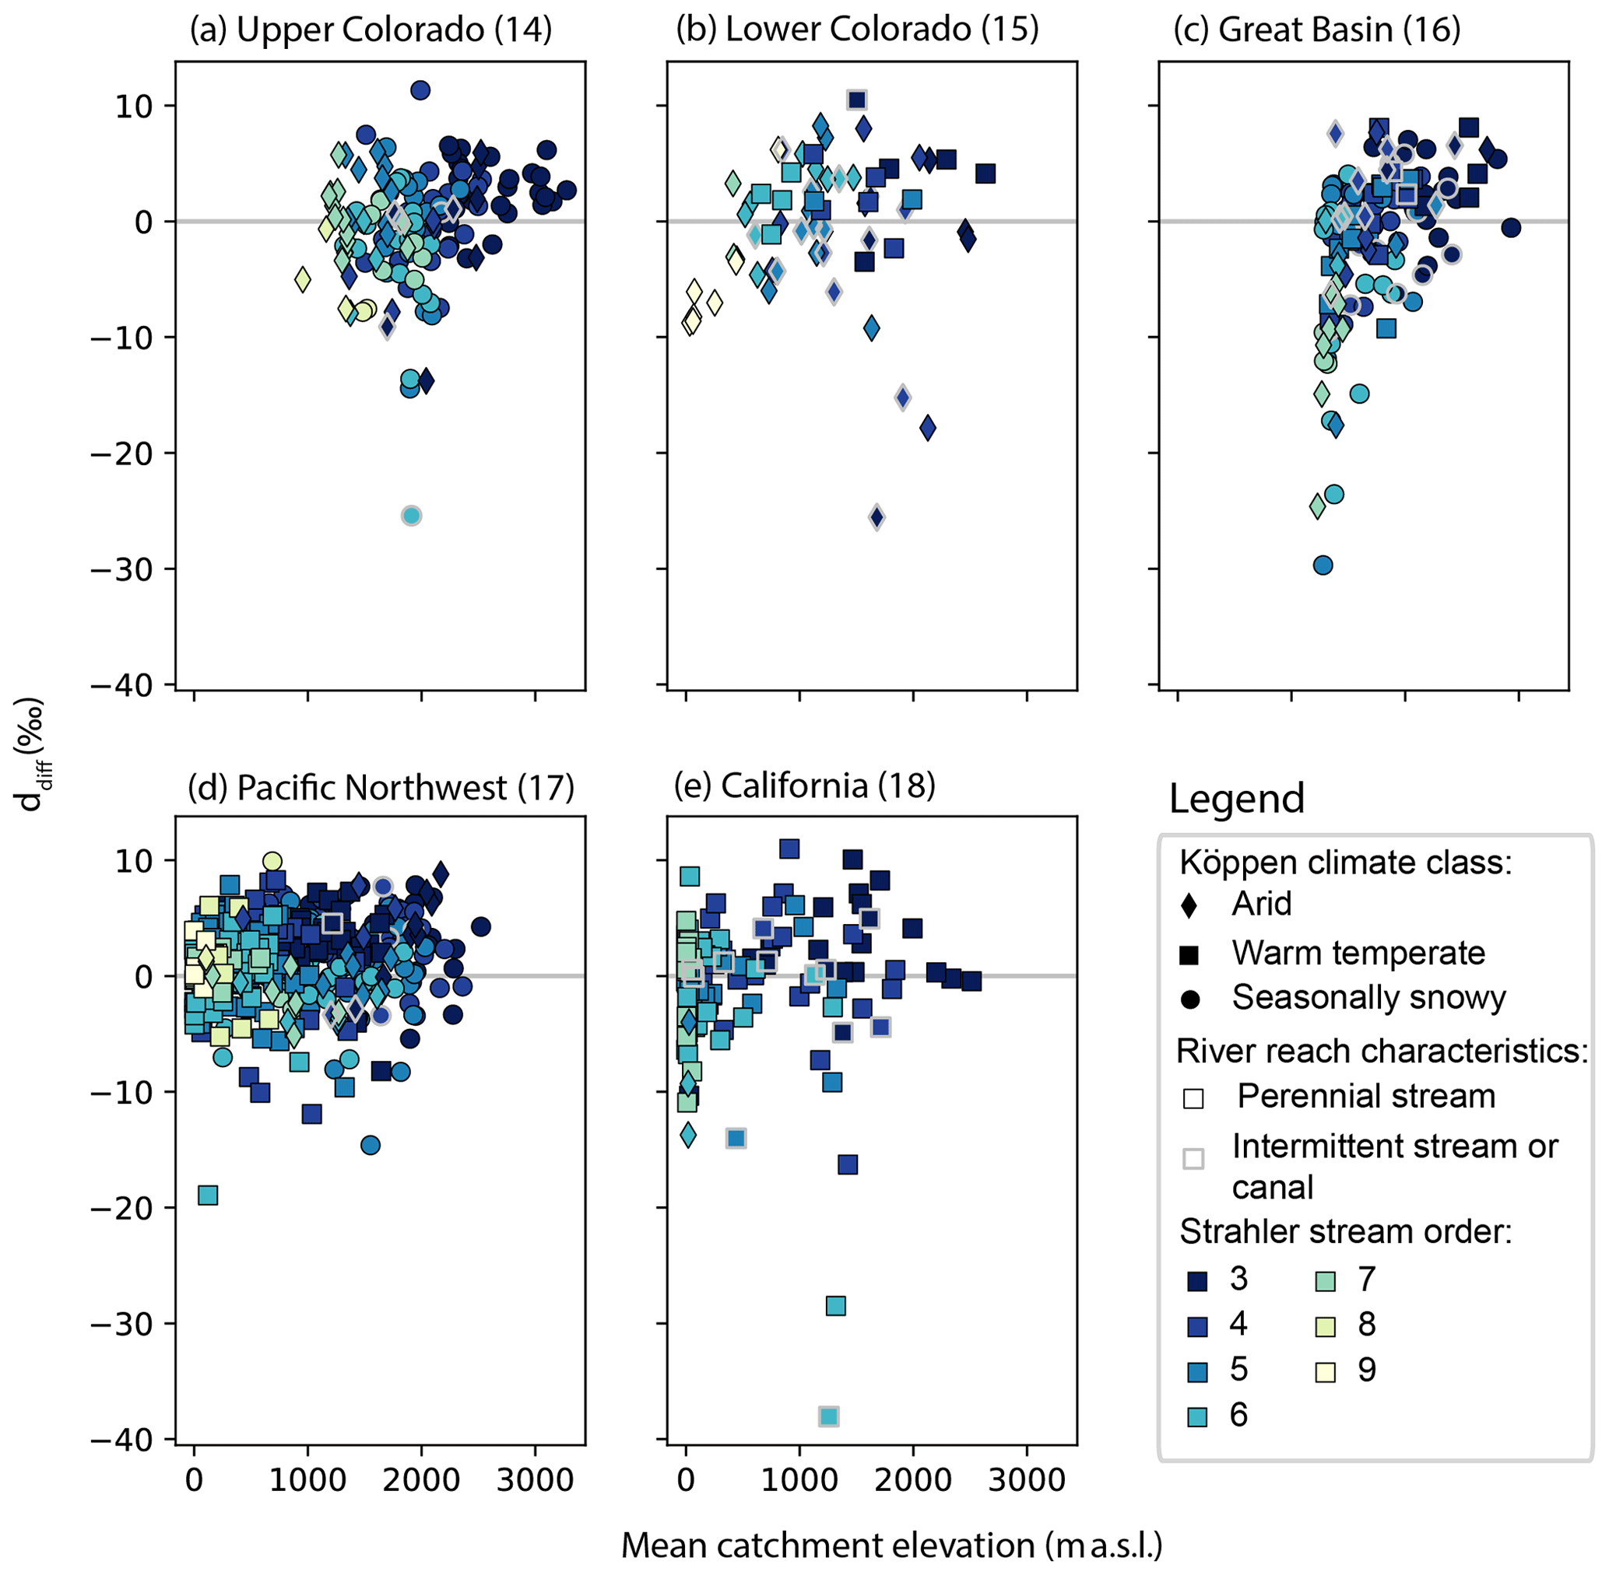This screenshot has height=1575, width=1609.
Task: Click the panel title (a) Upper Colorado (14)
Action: pos(370,30)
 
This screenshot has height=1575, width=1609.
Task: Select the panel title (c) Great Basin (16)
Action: pos(1317,30)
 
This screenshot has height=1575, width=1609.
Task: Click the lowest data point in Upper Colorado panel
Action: pos(411,516)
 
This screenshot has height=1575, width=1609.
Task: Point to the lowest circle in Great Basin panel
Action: pos(1323,565)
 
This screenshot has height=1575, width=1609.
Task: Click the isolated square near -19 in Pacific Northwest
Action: pos(208,1195)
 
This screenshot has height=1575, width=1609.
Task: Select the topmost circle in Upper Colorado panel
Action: pos(420,90)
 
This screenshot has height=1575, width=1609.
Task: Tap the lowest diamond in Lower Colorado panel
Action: pos(877,518)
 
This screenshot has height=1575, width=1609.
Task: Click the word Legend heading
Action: pos(1237,799)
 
